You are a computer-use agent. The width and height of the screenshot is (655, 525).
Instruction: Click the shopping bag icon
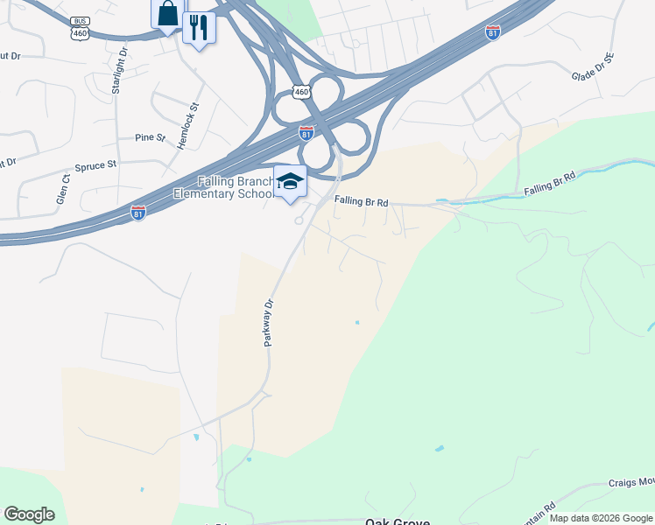tap(167, 15)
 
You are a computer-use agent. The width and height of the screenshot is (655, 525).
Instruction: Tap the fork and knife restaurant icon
tap(199, 28)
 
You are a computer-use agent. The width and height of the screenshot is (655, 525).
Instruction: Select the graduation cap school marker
tap(290, 181)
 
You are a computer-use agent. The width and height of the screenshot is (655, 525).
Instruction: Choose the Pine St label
tap(150, 137)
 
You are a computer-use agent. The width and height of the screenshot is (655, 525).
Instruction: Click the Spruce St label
tap(95, 165)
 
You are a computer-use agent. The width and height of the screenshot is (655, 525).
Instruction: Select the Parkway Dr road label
tap(270, 322)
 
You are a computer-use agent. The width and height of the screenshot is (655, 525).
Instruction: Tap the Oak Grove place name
tap(397, 521)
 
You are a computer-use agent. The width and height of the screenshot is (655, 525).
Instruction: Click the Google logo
tap(29, 514)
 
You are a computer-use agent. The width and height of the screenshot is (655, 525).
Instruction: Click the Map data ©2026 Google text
tap(601, 518)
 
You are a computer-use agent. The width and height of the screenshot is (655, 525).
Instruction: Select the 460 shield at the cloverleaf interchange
tap(301, 91)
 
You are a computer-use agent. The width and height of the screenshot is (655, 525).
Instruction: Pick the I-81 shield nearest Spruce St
tap(138, 213)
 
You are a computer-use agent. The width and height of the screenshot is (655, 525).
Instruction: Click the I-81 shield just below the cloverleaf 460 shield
tap(306, 132)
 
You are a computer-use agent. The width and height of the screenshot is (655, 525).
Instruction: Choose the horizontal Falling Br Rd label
tap(361, 201)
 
